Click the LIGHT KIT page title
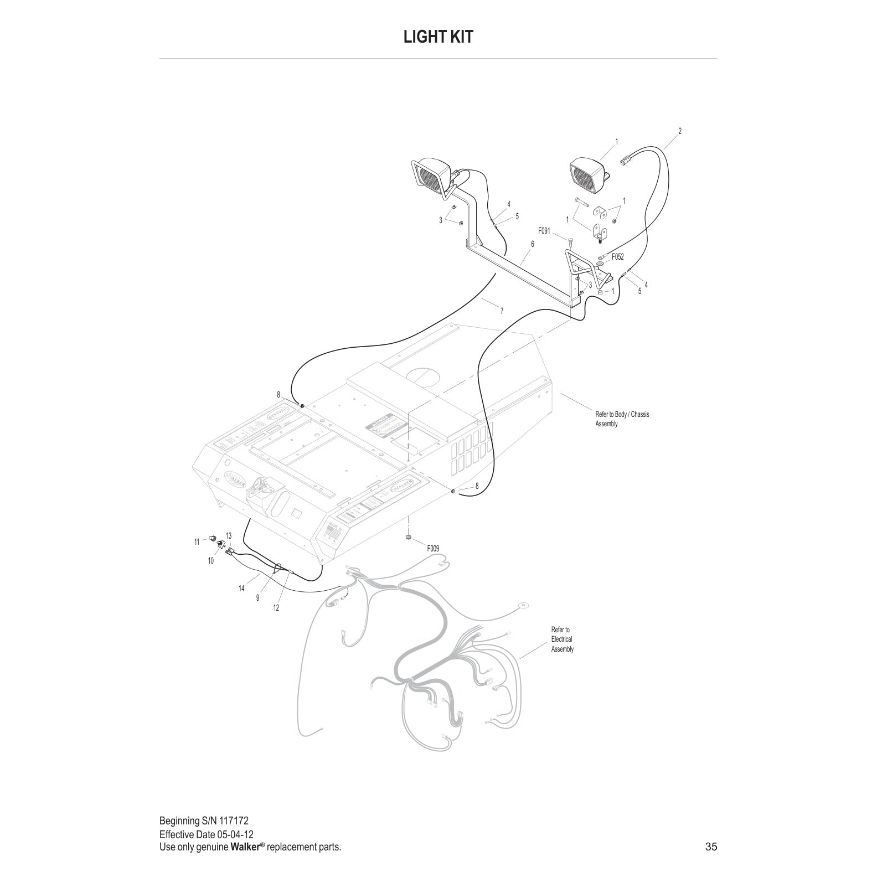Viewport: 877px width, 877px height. pos(438,37)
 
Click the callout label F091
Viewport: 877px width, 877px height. pos(544,231)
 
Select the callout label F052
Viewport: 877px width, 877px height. pos(617,257)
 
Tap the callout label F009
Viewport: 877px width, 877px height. pos(432,548)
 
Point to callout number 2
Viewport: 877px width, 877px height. pos(680,131)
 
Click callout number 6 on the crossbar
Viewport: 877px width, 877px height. pos(533,244)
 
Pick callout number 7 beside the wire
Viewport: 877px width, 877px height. pos(502,311)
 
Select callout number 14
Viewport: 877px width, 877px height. pos(241,589)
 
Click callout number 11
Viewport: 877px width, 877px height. pos(197,542)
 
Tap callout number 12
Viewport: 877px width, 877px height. pos(276,608)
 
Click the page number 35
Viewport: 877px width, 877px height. pos(711,847)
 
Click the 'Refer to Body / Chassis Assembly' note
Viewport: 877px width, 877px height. pos(622,419)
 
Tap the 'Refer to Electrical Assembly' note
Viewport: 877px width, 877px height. pos(562,639)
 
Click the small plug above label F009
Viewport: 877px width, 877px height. pos(409,536)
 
